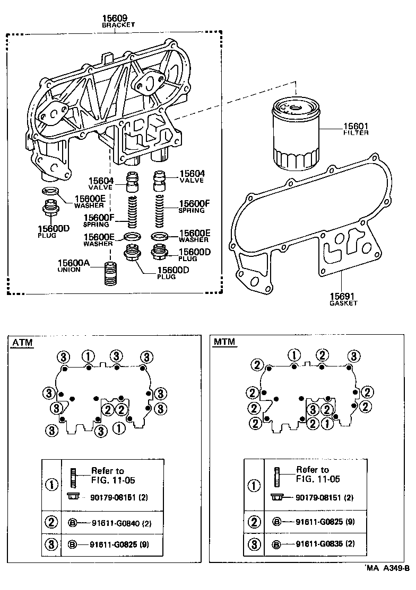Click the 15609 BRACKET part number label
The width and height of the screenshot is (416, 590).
118,21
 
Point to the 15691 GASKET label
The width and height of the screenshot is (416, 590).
343,299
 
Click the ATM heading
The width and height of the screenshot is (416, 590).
22,343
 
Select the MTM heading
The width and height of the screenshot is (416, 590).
224,343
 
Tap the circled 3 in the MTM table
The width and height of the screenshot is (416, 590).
255,544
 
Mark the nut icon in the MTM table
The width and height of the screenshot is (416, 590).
276,497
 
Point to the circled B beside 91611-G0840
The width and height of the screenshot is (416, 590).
73,523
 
